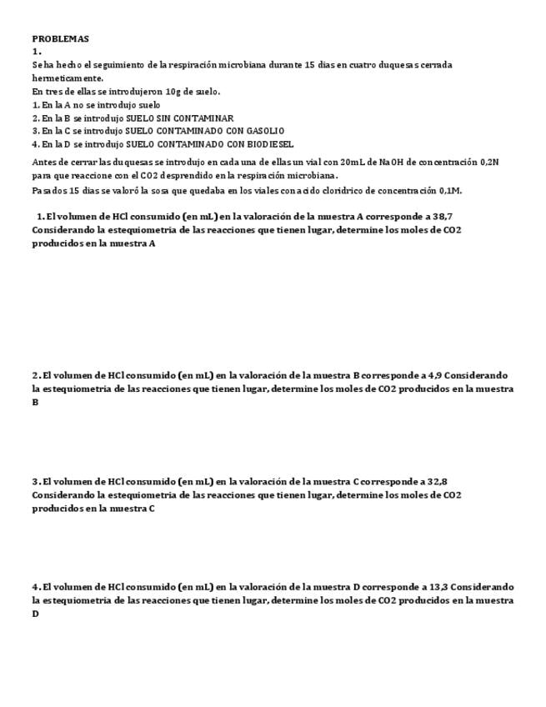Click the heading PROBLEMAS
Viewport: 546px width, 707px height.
point(60,38)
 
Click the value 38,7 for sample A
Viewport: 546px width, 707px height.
point(442,216)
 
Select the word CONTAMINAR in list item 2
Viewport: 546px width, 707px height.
point(206,118)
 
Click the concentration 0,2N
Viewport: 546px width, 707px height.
point(489,162)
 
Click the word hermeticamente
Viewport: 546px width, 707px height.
point(68,78)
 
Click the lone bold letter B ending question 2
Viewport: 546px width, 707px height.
point(36,402)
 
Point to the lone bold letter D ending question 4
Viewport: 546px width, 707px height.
point(36,614)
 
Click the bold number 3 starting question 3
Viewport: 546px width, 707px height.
point(36,481)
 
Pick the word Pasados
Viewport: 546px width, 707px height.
point(49,190)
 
